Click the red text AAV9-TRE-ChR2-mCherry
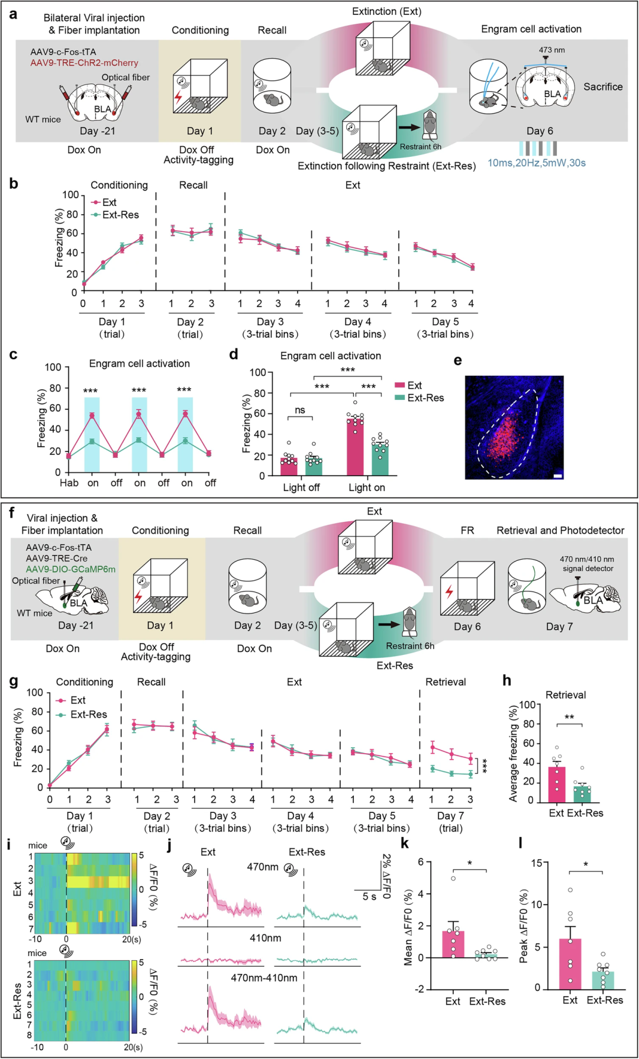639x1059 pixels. point(85,63)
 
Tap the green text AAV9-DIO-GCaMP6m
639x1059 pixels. point(70,569)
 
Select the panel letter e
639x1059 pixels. point(457,360)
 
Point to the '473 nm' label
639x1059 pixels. point(551,50)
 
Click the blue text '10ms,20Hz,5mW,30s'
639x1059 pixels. point(537,163)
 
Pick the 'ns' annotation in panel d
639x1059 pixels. point(300,410)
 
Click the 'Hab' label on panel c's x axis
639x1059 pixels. point(69,483)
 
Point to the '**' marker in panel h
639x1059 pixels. point(569,718)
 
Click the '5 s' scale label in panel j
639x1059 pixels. point(369,897)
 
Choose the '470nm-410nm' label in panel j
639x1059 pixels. point(264,978)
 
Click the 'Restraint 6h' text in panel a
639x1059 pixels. point(421,147)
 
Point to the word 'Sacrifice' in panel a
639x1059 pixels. point(603,86)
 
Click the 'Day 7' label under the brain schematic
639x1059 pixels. point(559,627)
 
